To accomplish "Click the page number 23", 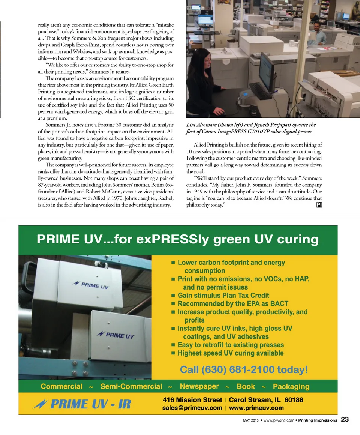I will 345,420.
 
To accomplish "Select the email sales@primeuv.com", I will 192,408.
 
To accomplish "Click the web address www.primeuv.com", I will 256,408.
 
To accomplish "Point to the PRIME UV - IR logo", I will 82,404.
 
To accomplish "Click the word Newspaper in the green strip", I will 199,386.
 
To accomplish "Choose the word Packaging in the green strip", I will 291,387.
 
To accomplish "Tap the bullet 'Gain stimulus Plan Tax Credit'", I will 223,295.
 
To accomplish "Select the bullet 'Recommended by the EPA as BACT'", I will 232,303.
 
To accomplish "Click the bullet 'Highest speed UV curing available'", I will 230,353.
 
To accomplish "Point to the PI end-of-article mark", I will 319,205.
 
